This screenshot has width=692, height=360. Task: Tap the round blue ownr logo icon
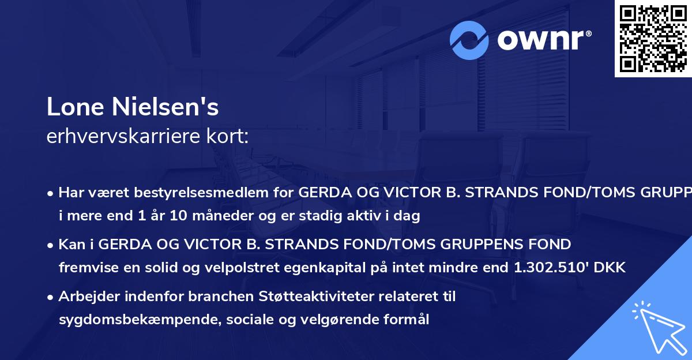[x=470, y=40]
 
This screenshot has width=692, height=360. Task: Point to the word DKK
[x=611, y=267]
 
